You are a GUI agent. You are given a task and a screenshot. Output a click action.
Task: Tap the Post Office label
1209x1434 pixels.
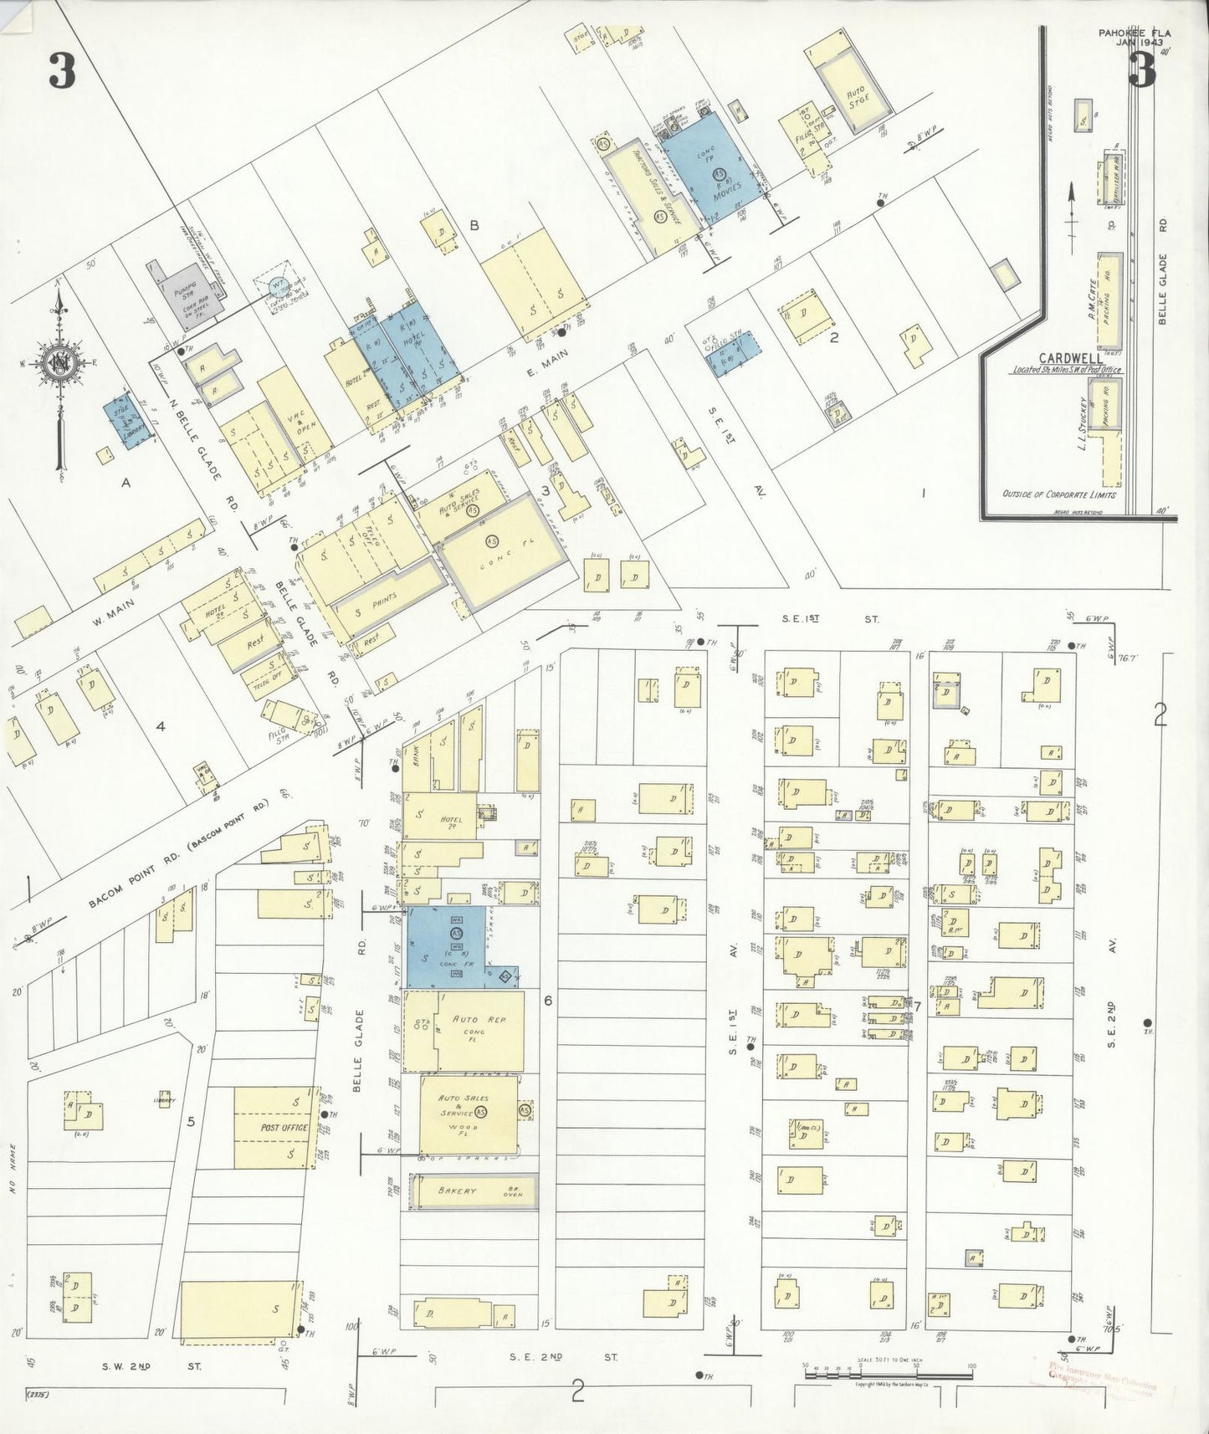284,1128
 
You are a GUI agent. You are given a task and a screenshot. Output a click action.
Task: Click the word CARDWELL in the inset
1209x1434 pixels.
1068,357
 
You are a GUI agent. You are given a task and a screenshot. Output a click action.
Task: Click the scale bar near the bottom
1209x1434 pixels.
887,1374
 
